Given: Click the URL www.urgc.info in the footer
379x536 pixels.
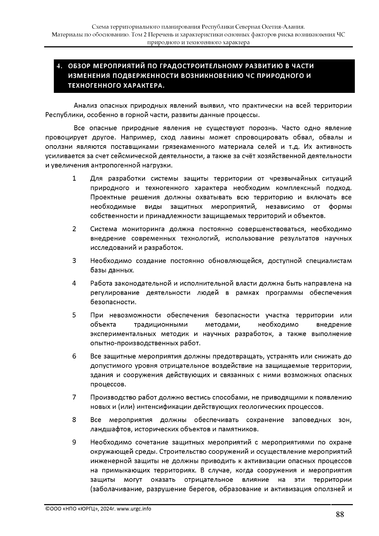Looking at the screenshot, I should (134, 509).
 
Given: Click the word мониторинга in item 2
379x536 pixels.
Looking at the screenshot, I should (144, 229).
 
